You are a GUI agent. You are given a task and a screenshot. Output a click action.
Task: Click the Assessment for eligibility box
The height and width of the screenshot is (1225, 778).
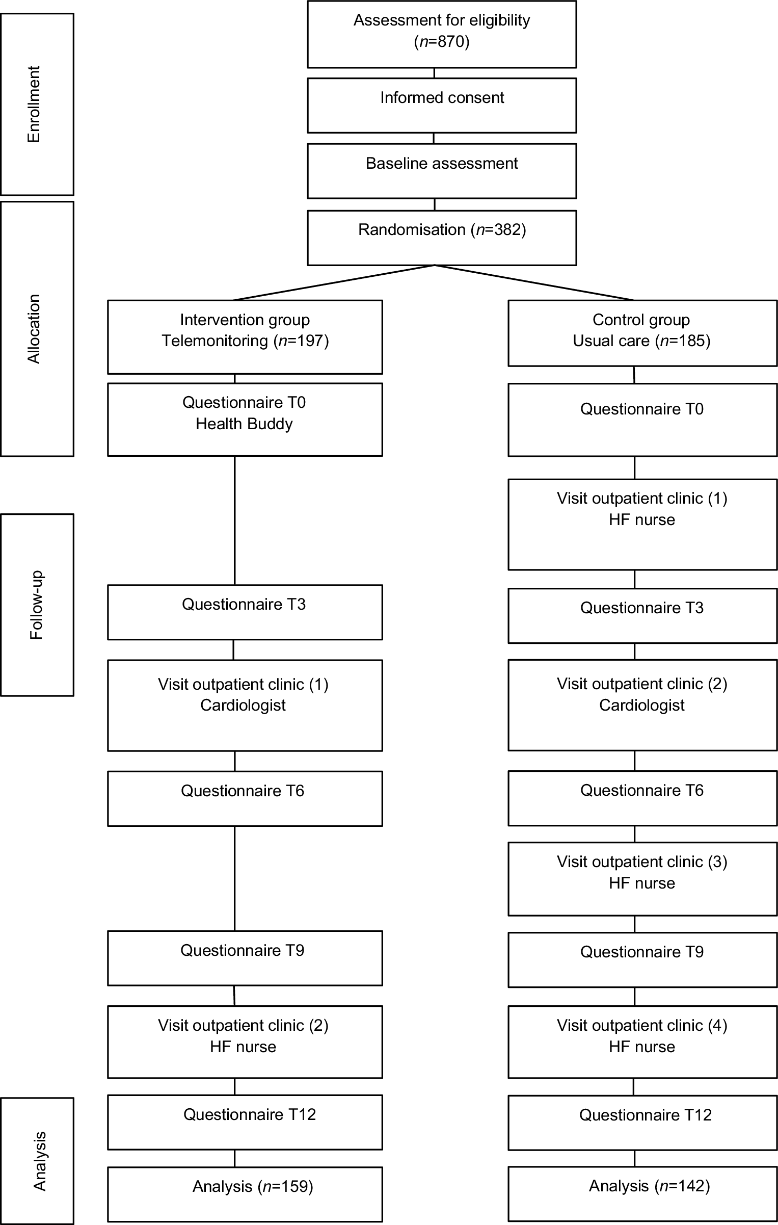[442, 34]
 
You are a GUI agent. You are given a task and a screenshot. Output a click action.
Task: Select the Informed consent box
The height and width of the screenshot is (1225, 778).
[442, 106]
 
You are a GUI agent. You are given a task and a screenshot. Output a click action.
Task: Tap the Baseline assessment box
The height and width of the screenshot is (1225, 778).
[442, 171]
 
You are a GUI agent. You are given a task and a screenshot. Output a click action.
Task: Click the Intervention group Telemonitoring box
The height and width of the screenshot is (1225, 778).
[245, 337]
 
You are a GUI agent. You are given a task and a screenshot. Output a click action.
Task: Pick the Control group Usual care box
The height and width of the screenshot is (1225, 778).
[642, 333]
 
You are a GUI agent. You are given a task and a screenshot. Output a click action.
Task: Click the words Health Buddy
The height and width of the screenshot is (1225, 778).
[244, 424]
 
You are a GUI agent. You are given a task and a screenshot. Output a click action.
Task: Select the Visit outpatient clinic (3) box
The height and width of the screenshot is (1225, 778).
[642, 879]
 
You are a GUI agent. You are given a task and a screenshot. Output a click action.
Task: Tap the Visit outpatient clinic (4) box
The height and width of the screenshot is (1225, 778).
[642, 1042]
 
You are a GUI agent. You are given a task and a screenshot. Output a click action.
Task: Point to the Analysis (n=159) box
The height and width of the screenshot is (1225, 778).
[245, 1194]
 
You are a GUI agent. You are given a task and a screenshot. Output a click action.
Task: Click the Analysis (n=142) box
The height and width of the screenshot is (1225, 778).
[642, 1194]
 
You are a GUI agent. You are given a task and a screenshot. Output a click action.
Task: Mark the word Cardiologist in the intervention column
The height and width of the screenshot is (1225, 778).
[243, 705]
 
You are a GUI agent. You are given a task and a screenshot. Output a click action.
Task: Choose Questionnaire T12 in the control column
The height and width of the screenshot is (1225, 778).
[646, 1115]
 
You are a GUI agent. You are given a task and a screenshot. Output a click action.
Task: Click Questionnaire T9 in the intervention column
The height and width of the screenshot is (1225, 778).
[243, 950]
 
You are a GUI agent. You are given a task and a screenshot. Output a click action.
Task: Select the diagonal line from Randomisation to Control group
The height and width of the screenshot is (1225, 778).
[534, 282]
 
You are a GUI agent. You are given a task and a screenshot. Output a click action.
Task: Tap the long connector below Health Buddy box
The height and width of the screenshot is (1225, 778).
[234, 520]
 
